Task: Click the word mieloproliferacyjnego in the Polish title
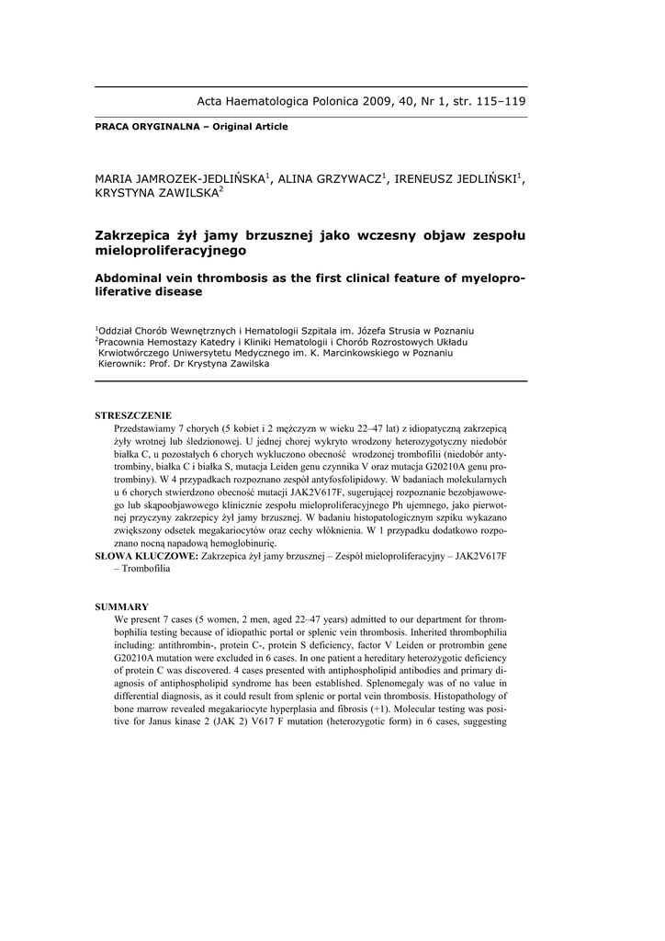171,249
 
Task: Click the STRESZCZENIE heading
133,415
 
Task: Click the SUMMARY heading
122,607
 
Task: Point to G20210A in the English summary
136,659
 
